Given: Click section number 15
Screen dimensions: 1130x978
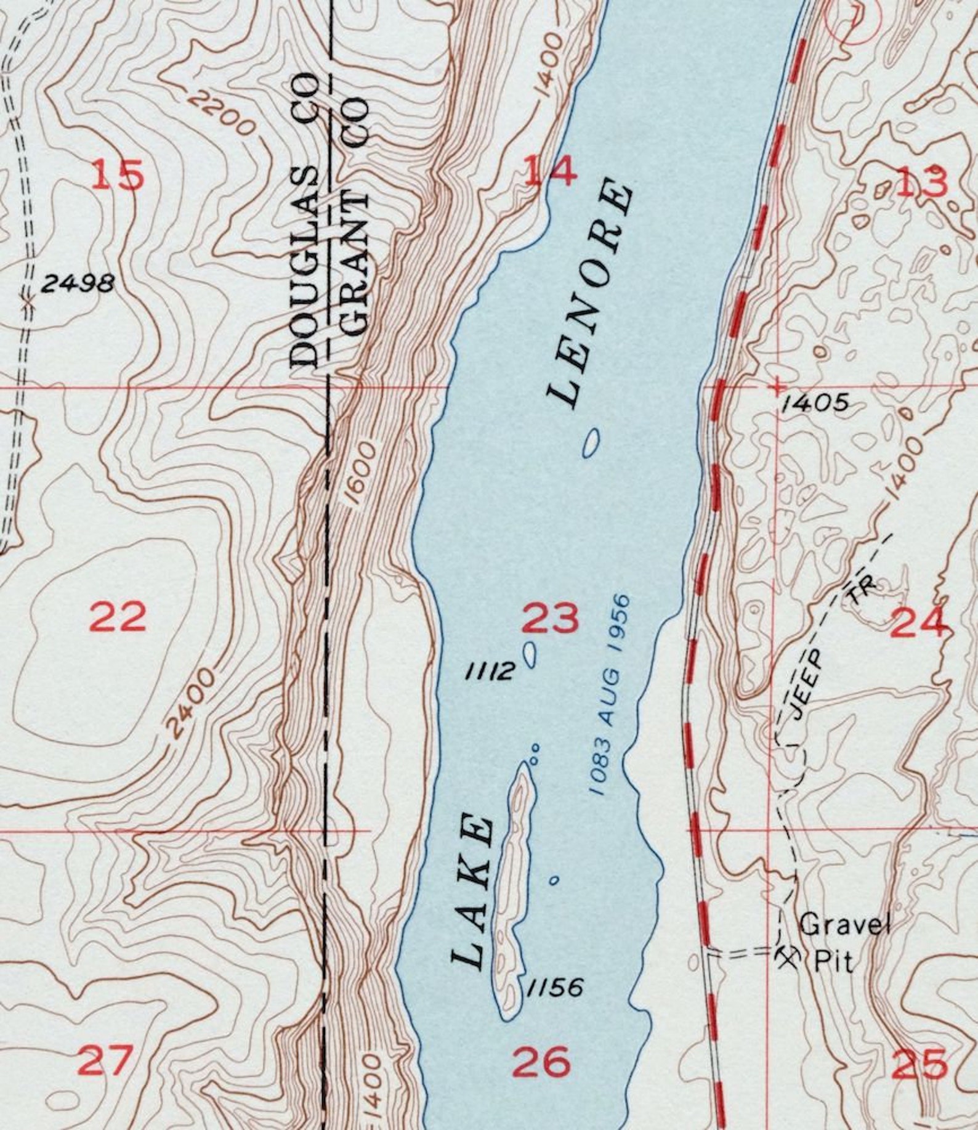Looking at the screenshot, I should coord(118,174).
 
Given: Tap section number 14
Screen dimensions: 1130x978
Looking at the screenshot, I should coord(549,171).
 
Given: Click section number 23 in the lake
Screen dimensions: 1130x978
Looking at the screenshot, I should coord(550,619).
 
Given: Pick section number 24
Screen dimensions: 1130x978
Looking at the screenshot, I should coord(918,622).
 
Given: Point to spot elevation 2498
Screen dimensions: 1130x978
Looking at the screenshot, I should coord(77,284).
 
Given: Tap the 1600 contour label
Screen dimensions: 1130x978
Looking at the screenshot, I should coord(360,474).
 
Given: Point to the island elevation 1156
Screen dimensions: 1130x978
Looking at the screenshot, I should coord(554,988).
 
